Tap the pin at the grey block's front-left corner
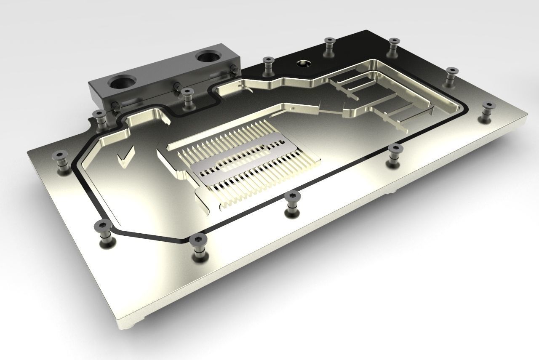coord(115,105)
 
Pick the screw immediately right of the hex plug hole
coord(329,43)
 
